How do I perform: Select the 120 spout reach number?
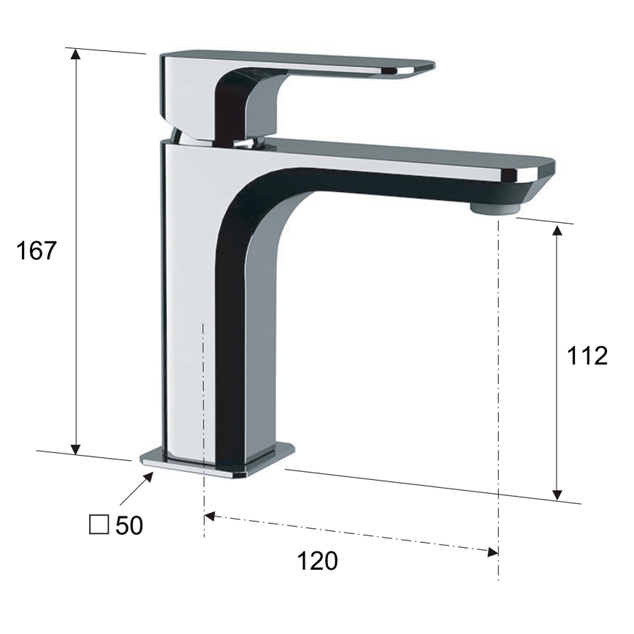[x=318, y=561]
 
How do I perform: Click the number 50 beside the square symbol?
[x=129, y=525]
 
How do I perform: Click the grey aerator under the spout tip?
[x=492, y=210]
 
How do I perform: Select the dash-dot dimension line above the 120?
[x=351, y=533]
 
